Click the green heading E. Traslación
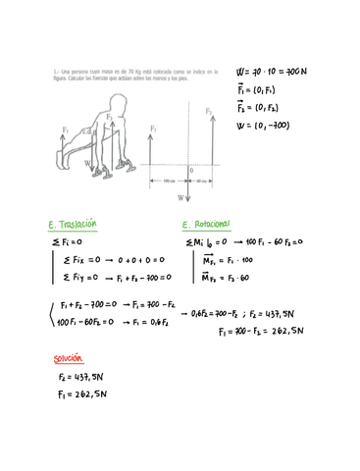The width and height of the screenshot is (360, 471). point(76,225)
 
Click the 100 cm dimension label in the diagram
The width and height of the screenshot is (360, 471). point(168,181)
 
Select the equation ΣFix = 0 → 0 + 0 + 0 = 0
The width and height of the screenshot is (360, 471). point(103,260)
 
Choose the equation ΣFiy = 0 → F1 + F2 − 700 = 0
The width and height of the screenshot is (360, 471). point(108,278)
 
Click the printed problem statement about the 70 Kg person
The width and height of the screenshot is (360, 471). point(108,74)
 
